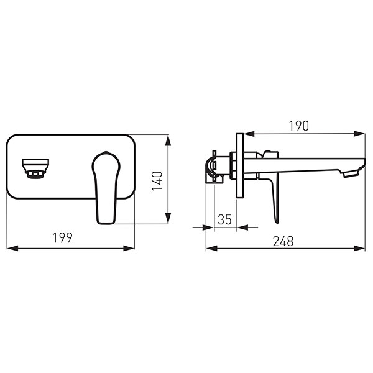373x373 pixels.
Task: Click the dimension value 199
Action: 62,237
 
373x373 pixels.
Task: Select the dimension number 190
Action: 299,126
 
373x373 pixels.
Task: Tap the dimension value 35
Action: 224,219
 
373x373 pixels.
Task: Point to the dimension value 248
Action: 283,241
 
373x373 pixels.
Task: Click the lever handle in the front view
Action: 106,188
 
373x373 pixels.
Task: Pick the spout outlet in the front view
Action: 35,168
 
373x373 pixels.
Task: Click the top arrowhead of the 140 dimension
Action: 168,140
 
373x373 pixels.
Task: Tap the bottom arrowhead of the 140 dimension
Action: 168,218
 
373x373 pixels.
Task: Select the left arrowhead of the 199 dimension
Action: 12,249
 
